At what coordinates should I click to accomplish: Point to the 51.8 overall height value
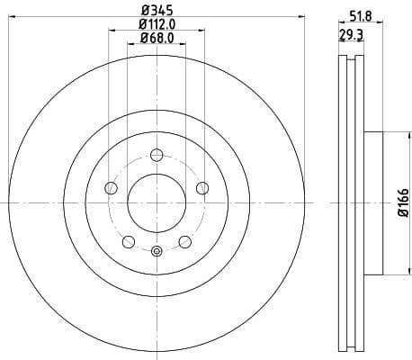pyautogui.click(x=361, y=14)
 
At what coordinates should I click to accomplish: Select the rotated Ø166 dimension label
pyautogui.click(x=401, y=203)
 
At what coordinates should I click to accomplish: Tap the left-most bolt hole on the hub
pyautogui.click(x=112, y=187)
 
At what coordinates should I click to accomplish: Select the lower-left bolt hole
pyautogui.click(x=129, y=240)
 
